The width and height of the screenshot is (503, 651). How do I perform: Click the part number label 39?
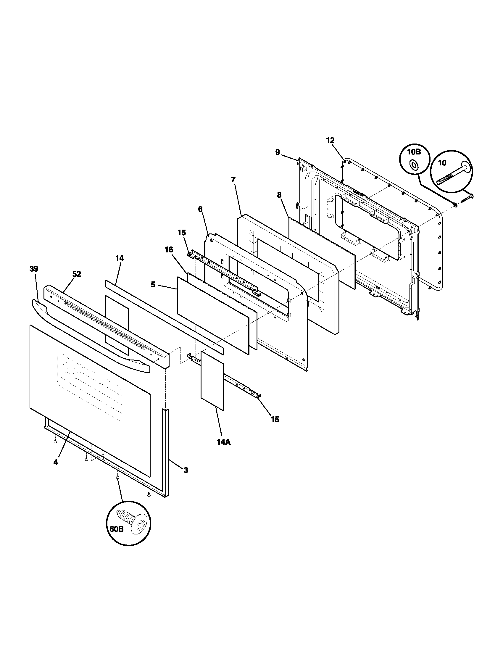[x=34, y=269]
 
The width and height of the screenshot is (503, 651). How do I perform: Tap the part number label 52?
[x=77, y=274]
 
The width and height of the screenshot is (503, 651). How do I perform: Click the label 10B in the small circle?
[x=414, y=152]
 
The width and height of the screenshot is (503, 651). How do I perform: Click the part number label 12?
[x=330, y=140]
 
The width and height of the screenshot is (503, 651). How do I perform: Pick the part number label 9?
[x=278, y=153]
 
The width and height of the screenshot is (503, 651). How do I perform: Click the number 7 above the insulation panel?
[x=233, y=180]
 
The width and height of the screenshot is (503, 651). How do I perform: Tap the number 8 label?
[x=279, y=195]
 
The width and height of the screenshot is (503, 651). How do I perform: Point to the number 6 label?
[x=200, y=209]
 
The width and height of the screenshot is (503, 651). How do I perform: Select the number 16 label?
[x=169, y=249]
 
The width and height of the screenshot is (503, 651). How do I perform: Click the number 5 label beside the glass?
[x=153, y=285]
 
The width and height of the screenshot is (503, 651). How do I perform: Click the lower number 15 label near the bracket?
[x=275, y=419]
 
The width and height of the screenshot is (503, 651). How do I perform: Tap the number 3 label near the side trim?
[x=186, y=470]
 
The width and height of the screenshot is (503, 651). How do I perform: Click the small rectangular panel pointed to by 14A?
[x=212, y=380]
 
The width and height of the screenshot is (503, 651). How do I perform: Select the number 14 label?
[x=120, y=258]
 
